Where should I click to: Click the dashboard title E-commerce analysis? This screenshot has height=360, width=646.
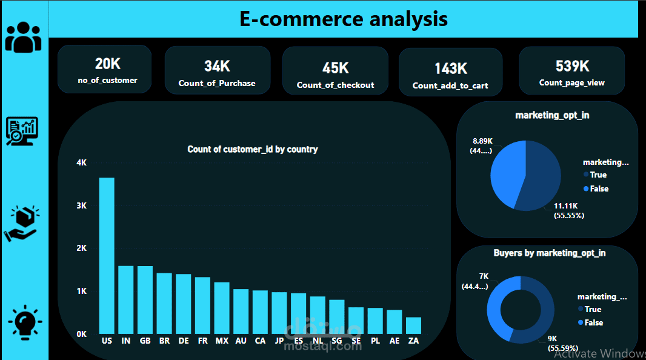[344, 19]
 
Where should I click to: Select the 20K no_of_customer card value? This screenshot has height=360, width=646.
[107, 63]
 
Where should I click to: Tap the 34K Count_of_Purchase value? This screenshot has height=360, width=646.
[217, 66]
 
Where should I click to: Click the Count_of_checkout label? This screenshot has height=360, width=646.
[335, 85]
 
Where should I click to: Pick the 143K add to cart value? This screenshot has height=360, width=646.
[450, 68]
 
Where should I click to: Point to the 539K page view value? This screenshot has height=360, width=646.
[572, 65]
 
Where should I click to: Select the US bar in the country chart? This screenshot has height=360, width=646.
[107, 255]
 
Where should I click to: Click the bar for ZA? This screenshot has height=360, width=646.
[413, 325]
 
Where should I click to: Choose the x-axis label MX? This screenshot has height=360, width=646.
[222, 341]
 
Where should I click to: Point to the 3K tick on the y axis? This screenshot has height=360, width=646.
[82, 206]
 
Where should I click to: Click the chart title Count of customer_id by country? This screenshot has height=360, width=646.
[252, 149]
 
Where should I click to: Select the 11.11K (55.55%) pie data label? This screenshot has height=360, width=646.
[568, 211]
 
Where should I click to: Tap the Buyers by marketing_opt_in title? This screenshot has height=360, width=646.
[549, 253]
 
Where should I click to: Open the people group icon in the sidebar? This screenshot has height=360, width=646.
[24, 37]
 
